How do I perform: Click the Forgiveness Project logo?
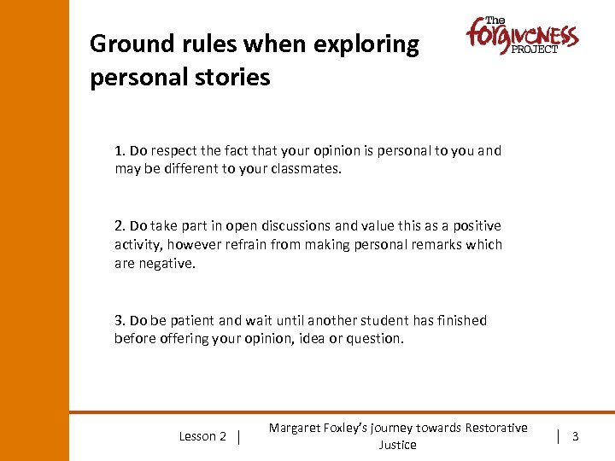[x=521, y=36]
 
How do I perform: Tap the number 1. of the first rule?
[x=120, y=151]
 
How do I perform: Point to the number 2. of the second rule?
[x=120, y=226]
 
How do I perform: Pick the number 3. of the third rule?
[x=120, y=321]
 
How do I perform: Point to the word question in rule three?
[x=376, y=339]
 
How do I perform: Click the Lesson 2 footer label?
[x=202, y=436]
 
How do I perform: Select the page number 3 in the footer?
[x=575, y=436]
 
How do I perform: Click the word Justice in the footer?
[x=397, y=446]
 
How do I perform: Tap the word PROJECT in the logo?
[x=535, y=50]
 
